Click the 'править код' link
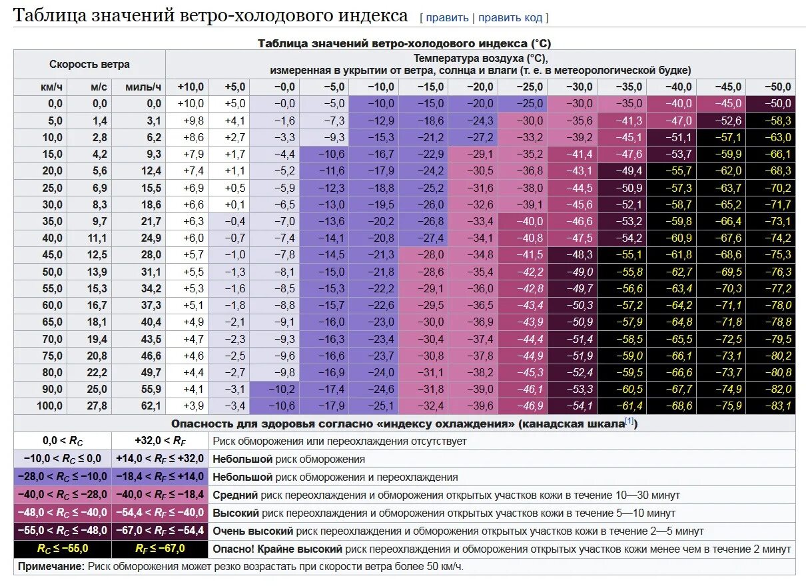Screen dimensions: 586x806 (x=510, y=18)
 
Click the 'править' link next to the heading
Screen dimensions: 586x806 (x=447, y=18)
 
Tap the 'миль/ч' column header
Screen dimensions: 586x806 (x=143, y=87)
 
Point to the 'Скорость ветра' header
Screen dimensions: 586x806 (x=89, y=65)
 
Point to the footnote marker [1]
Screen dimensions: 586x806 (x=628, y=422)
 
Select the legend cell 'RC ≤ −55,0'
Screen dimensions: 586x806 (x=63, y=549)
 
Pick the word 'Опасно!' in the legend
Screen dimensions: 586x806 (x=230, y=549)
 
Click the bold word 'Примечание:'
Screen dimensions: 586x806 (x=51, y=567)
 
